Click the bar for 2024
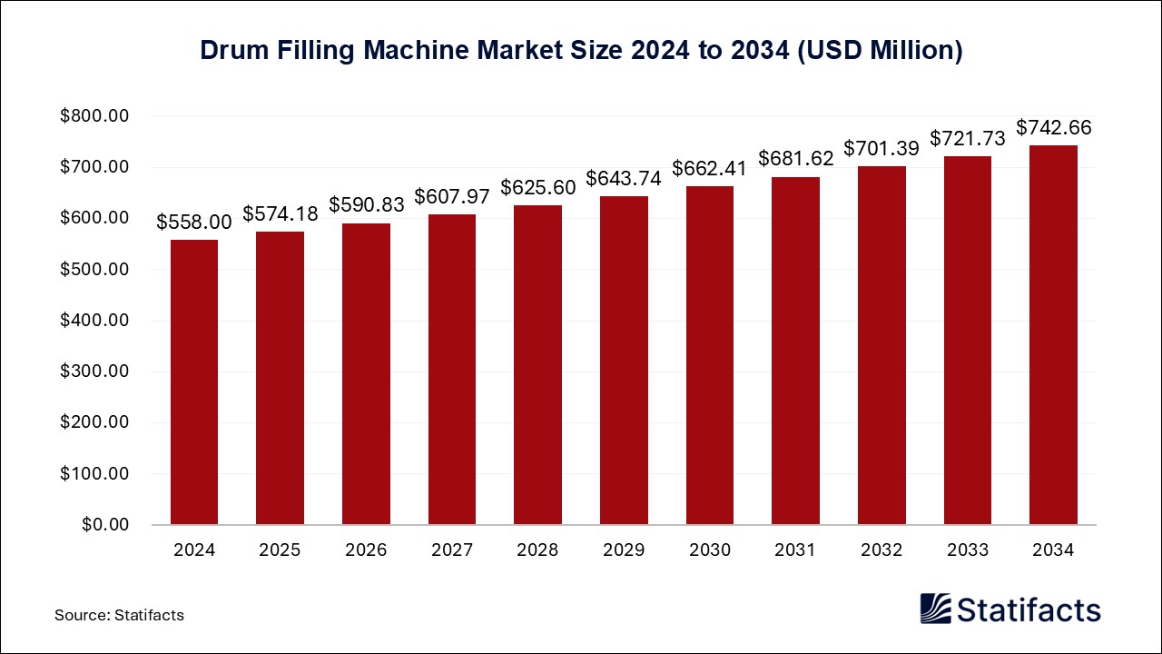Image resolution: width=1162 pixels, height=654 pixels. click(x=194, y=381)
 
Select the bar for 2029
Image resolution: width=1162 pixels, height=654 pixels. click(x=624, y=361)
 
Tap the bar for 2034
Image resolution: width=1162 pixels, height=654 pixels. click(x=1053, y=334)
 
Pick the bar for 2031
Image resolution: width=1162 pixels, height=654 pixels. click(x=795, y=351)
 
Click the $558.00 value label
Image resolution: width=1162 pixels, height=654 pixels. click(x=194, y=221)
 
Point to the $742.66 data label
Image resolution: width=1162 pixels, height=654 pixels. click(x=1053, y=127)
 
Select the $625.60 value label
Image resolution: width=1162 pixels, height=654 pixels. click(x=537, y=187)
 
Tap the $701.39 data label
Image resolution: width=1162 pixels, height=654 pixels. click(x=881, y=147)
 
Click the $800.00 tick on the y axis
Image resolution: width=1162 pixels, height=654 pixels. click(x=95, y=116)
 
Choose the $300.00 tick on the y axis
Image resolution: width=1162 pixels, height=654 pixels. click(x=95, y=372)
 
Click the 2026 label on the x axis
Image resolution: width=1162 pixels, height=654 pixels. click(x=366, y=550)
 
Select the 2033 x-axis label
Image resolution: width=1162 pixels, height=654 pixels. click(x=967, y=550)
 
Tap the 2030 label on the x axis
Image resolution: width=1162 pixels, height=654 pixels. click(x=709, y=550)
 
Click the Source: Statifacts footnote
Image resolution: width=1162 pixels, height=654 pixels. click(x=119, y=615)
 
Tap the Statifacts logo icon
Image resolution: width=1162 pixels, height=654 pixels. click(x=936, y=609)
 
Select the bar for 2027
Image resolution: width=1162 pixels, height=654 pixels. click(x=452, y=370)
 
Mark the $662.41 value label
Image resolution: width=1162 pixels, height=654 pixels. click(x=709, y=167)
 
